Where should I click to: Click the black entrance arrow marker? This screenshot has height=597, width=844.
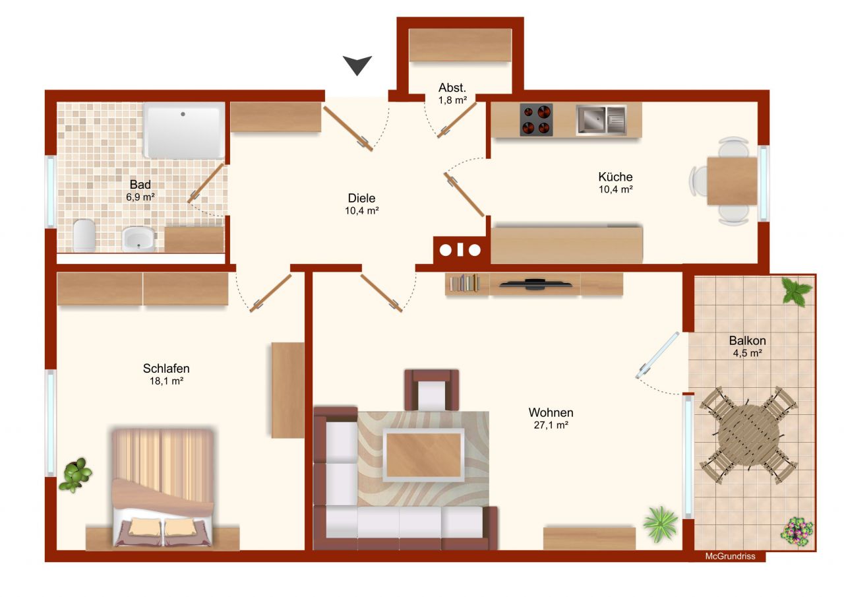(x=357, y=65)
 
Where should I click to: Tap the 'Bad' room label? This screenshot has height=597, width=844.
(x=140, y=184)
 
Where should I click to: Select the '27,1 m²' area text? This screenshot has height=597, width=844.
(x=551, y=425)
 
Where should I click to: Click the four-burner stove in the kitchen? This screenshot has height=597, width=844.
(x=536, y=119)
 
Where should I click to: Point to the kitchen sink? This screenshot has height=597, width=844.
(x=601, y=119)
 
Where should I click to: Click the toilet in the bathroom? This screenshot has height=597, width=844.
(x=84, y=236)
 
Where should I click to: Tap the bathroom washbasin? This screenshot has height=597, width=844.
(x=138, y=239)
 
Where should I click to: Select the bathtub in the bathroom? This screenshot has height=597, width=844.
(x=183, y=131)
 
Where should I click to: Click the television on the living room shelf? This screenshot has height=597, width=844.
(x=535, y=284)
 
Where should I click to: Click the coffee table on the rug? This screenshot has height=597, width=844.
(x=424, y=455)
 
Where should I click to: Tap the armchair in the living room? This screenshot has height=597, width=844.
(x=431, y=390)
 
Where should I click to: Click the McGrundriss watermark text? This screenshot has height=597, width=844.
(x=730, y=556)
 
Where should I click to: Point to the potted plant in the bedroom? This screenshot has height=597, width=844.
(x=76, y=474)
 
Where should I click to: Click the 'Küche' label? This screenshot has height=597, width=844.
(x=615, y=177)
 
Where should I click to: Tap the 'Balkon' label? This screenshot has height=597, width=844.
(x=748, y=340)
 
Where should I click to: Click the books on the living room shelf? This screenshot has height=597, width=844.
(x=465, y=283)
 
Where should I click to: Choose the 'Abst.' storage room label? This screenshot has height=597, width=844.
(x=452, y=88)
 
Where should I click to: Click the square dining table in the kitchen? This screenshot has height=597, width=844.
(x=732, y=181)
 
